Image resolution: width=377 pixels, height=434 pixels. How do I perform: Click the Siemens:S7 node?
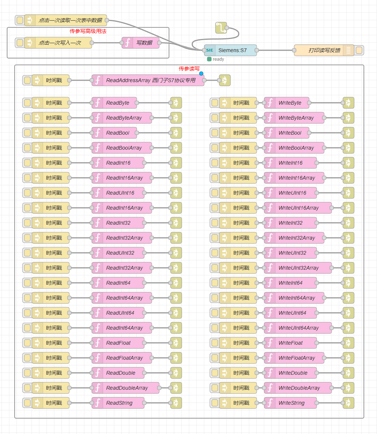(x=232, y=50)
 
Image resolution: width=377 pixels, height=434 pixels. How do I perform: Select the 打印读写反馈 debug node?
(x=324, y=50)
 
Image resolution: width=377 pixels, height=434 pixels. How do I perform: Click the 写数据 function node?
(x=144, y=43)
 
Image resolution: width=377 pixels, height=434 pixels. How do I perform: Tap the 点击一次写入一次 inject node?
(x=60, y=43)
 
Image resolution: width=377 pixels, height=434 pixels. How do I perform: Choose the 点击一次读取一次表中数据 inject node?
(x=70, y=20)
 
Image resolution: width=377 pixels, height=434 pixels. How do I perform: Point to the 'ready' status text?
(x=218, y=59)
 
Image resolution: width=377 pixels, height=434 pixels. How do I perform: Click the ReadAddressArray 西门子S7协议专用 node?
(x=151, y=80)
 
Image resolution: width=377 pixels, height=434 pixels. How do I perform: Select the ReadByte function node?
(x=118, y=103)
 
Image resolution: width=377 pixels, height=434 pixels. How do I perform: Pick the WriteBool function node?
(x=290, y=133)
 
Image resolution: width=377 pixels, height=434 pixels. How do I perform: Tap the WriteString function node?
(x=292, y=403)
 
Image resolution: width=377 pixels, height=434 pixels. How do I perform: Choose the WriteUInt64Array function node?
(x=298, y=328)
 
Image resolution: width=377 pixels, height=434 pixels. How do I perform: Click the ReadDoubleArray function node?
(x=127, y=388)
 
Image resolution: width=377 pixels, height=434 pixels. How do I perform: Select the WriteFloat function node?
(x=290, y=343)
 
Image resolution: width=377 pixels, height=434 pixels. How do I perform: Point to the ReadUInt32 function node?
(x=120, y=253)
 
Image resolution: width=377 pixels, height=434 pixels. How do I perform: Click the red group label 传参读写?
(x=189, y=69)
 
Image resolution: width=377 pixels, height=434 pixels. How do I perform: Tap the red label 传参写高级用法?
(x=88, y=31)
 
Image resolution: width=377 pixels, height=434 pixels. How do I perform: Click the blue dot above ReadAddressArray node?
(x=201, y=74)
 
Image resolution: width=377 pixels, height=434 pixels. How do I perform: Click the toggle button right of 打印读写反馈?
(x=359, y=50)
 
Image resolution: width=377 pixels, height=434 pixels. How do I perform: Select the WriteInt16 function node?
(x=290, y=163)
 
